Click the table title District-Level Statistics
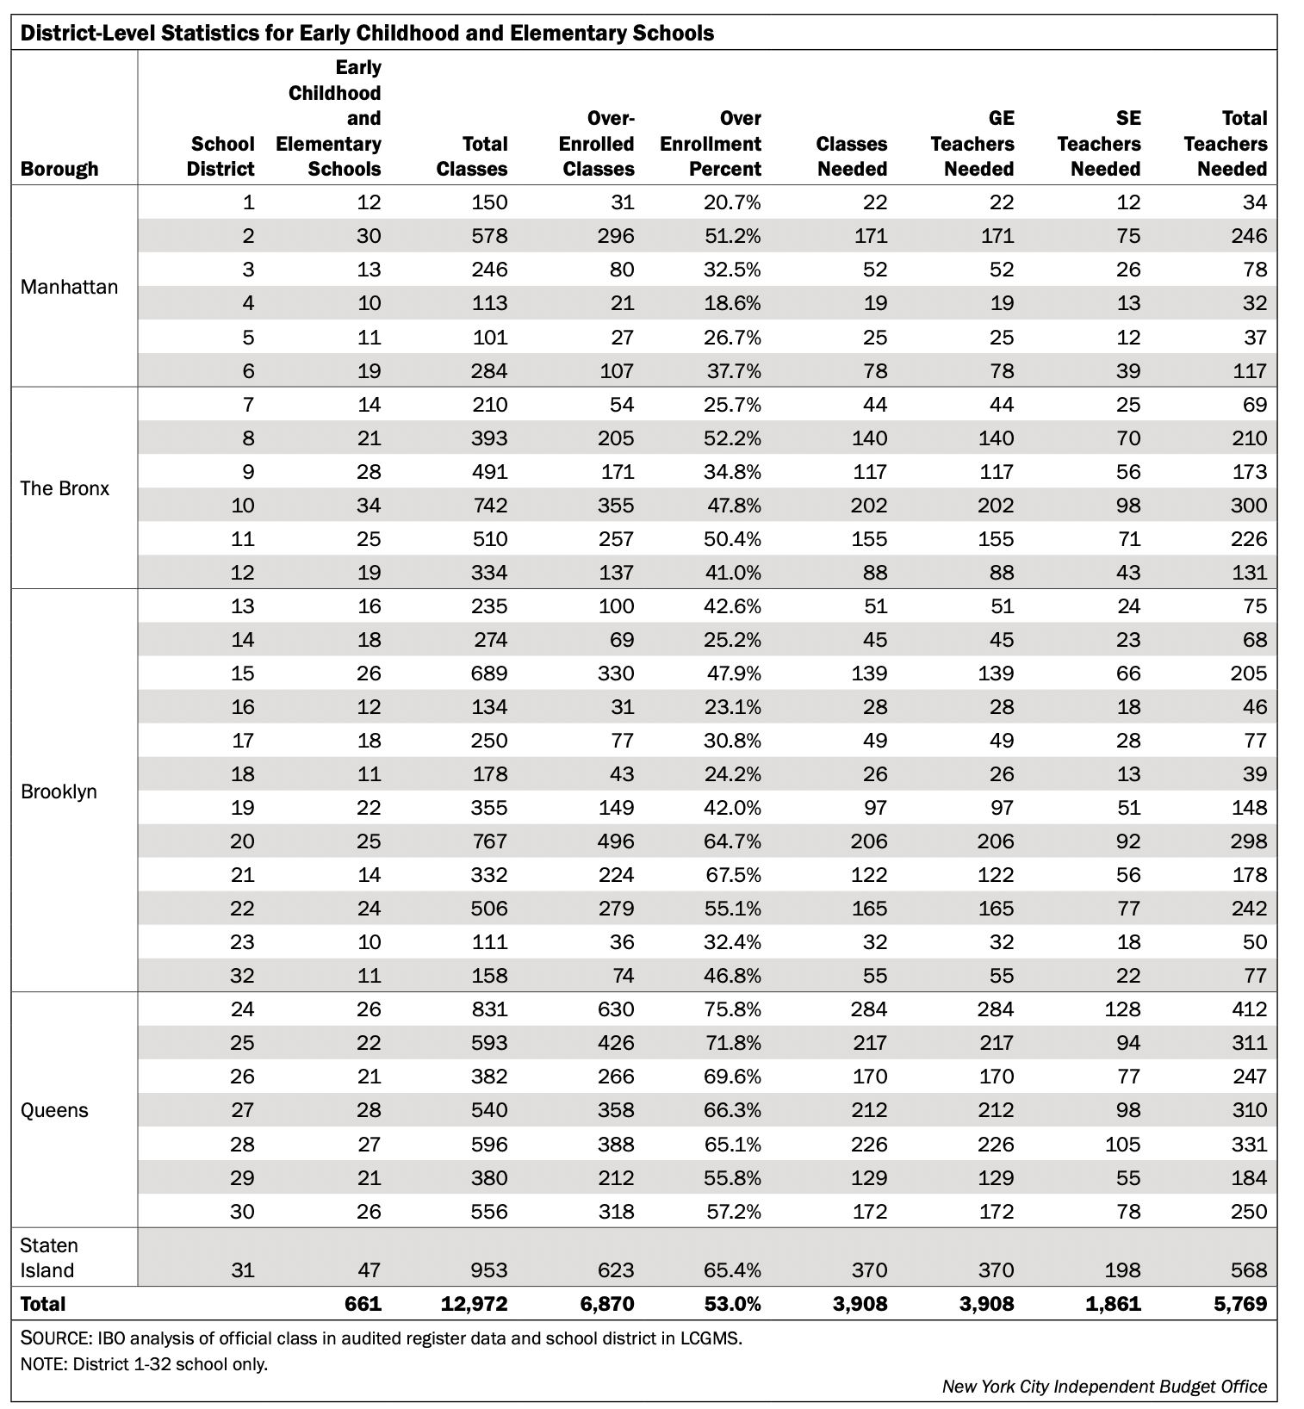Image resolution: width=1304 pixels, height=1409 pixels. point(366,33)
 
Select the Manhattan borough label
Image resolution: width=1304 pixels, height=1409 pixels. point(69,287)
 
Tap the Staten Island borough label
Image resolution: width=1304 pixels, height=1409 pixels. point(49,1258)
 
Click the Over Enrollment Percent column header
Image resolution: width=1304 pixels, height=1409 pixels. point(711,144)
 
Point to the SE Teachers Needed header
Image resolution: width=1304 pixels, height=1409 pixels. point(1100,144)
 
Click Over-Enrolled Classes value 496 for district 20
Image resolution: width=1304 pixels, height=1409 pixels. point(615,841)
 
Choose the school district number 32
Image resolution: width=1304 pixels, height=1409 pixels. point(242,975)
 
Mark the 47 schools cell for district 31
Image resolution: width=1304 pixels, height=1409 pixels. point(369,1270)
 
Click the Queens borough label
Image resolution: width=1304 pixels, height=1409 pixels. point(54,1110)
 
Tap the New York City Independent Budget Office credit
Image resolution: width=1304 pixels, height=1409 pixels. point(1104,1387)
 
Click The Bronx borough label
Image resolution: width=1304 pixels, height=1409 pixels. point(65,488)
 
